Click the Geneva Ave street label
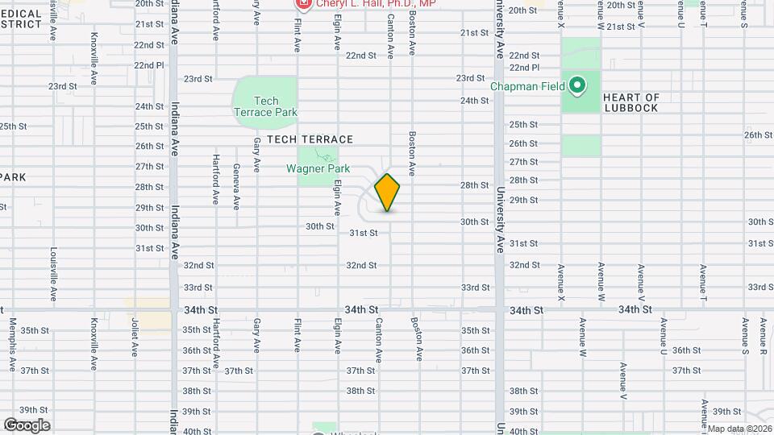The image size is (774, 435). coord(236,186)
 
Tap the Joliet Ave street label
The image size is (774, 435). coord(135,337)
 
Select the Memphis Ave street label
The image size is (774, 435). coord(13,346)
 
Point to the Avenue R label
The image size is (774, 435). coord(763,336)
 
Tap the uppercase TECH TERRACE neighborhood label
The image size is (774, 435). coord(300,139)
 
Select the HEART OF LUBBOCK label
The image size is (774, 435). coord(630,102)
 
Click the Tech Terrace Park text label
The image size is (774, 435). coord(265,106)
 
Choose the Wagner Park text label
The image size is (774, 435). coord(318,169)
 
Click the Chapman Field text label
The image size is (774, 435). coord(529,85)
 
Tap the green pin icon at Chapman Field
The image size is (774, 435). coord(577,84)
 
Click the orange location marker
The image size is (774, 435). coord(388,192)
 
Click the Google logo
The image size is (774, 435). coord(27,425)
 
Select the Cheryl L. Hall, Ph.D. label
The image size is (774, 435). coord(376,4)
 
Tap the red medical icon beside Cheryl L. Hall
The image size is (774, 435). coord(303,4)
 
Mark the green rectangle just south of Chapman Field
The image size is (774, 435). coord(580,146)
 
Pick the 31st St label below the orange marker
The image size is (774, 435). coord(364,233)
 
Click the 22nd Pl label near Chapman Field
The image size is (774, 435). coord(524,68)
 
